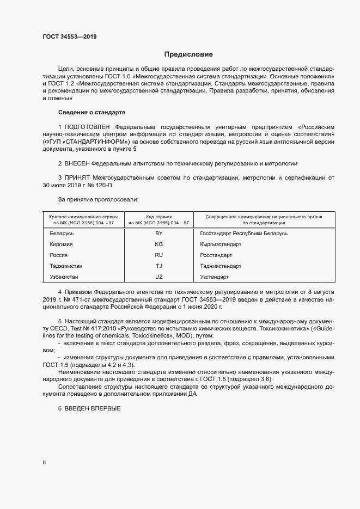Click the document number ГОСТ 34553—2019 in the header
69,37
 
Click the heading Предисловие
189,54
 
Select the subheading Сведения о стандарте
91,112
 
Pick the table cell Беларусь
62,234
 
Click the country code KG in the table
159,244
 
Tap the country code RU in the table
159,255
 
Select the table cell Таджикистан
66,266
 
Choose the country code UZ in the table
159,277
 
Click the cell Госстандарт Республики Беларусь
243,234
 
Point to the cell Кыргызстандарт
221,244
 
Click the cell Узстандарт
215,277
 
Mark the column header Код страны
159,217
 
